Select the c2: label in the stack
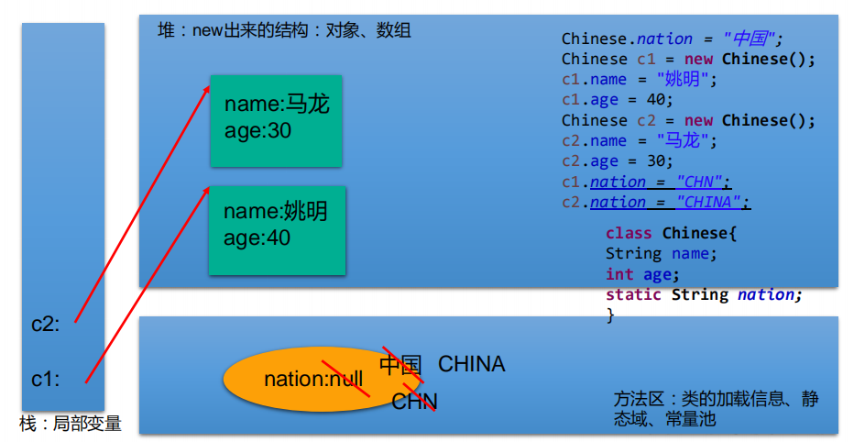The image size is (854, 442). (x=46, y=324)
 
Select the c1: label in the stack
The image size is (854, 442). (x=46, y=379)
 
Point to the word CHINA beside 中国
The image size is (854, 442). (x=471, y=364)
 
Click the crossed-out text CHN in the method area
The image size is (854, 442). (x=414, y=402)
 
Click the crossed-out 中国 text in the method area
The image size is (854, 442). (x=400, y=365)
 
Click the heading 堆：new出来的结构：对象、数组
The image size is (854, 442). (x=284, y=30)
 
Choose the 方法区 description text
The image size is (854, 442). (x=716, y=409)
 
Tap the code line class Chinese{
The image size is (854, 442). (x=671, y=233)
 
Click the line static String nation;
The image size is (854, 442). (x=703, y=294)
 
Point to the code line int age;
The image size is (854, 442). (x=642, y=274)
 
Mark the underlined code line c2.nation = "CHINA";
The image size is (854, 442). (x=656, y=202)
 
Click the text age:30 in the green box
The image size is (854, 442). (x=257, y=131)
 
